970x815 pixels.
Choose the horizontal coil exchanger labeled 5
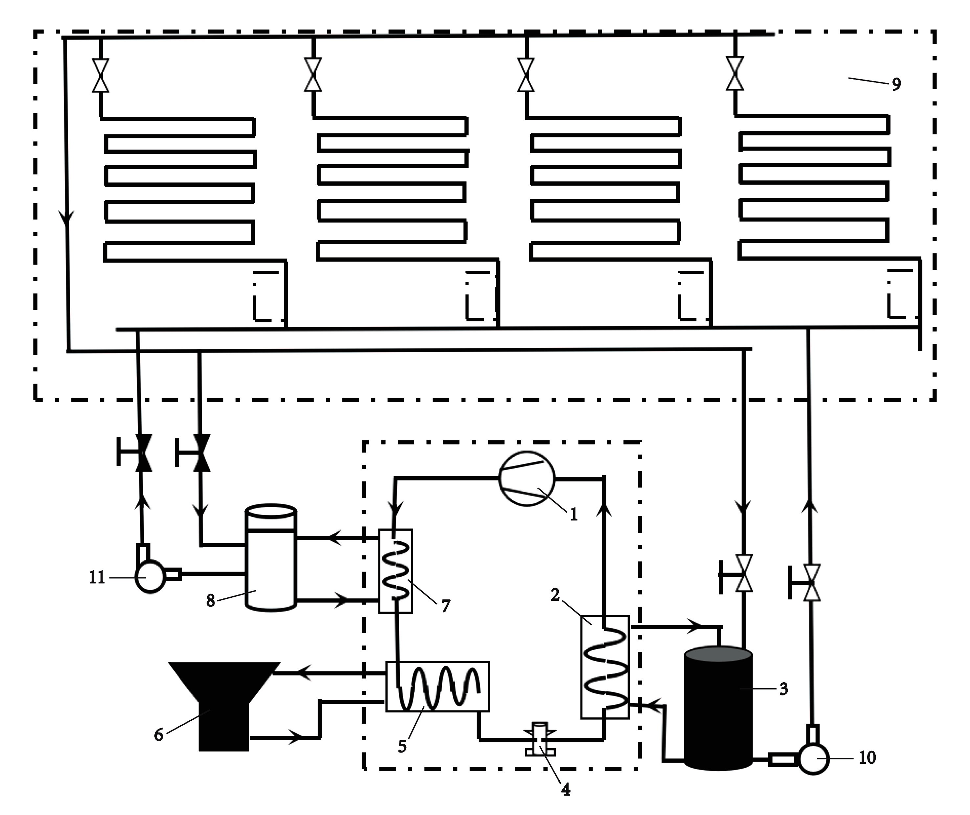(x=438, y=686)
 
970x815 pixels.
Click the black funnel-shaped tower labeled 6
(x=224, y=702)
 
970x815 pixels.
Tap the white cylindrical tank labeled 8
(x=271, y=558)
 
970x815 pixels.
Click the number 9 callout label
(x=896, y=84)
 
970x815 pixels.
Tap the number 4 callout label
(x=565, y=790)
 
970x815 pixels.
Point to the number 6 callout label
(x=158, y=734)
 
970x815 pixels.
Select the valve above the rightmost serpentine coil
(x=734, y=74)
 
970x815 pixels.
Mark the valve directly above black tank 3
(x=743, y=573)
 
